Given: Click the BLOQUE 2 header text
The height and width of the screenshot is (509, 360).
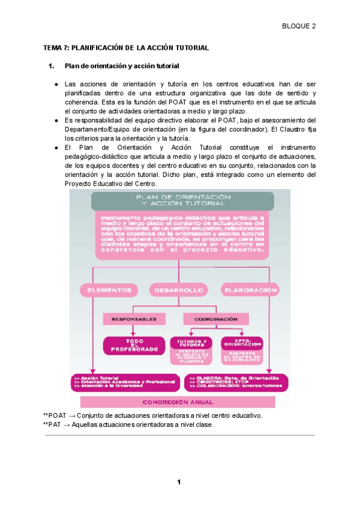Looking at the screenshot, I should click(299, 26).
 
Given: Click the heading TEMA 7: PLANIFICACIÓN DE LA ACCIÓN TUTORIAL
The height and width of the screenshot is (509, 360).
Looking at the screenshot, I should click(126, 47).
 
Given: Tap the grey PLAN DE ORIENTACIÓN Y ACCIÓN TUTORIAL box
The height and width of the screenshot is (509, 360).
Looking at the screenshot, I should click(183, 200).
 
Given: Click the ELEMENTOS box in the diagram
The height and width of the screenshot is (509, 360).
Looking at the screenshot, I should click(110, 290).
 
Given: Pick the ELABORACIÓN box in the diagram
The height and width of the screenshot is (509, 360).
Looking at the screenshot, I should click(250, 290).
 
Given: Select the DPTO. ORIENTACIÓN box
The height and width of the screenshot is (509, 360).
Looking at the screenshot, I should click(242, 343).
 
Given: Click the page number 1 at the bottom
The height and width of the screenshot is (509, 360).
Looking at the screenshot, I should click(179, 482).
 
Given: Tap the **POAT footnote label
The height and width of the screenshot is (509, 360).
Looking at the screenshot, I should click(54, 415).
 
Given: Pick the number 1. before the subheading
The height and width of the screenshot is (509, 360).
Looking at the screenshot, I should click(51, 65).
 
